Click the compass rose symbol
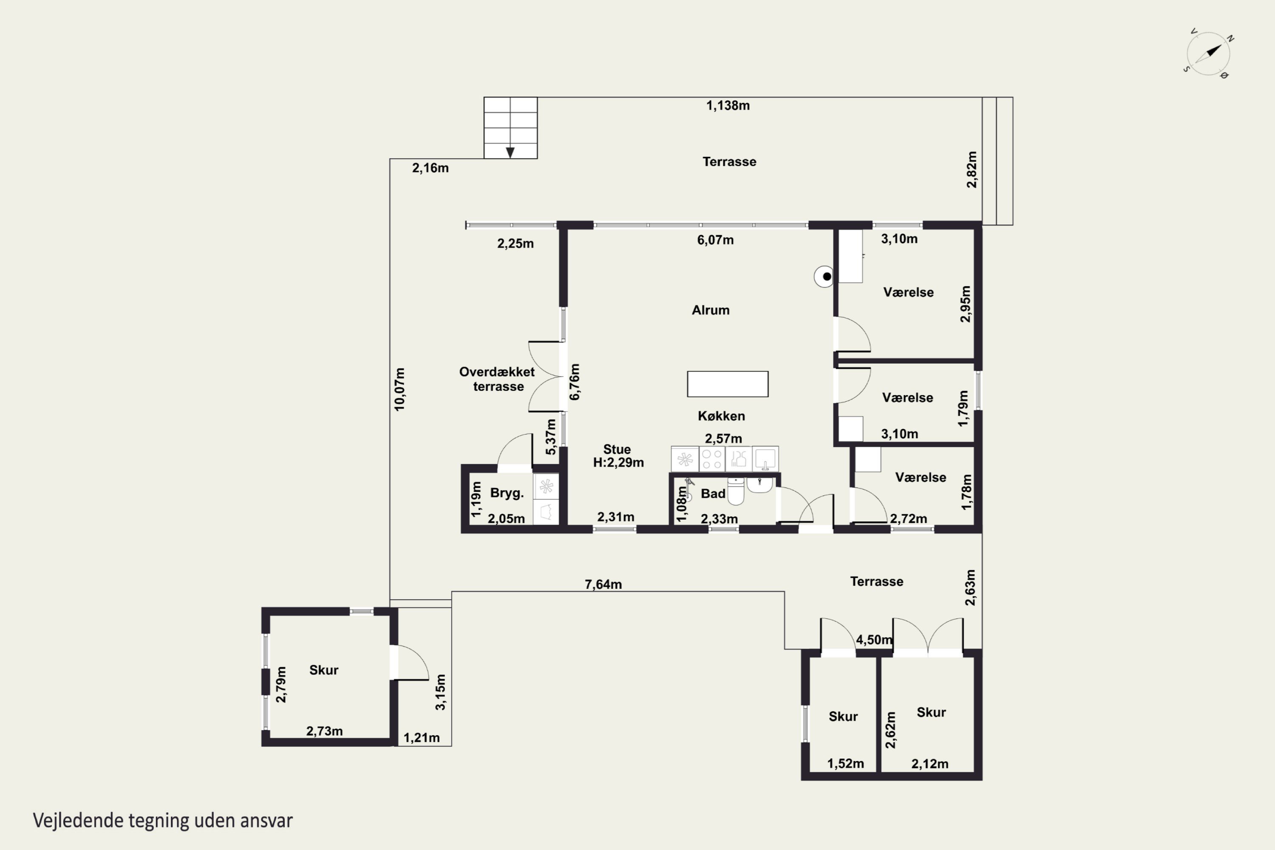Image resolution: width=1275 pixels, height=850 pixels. coord(1208,54)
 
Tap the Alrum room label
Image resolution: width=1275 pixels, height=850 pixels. coord(711,310)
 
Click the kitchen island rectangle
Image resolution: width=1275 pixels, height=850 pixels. coord(728,384)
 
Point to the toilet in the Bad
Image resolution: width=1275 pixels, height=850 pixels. coord(736,491)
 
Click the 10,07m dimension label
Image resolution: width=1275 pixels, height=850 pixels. coord(399,389)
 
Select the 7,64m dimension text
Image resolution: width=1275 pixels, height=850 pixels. coord(603,584)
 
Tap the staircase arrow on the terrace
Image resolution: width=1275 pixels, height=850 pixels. coord(510,152)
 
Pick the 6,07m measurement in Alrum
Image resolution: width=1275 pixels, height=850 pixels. coord(716,240)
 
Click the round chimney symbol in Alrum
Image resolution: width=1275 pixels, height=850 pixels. coord(824,277)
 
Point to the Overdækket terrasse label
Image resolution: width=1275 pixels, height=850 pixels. coord(497,379)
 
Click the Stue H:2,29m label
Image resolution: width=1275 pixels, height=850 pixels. coord(618,456)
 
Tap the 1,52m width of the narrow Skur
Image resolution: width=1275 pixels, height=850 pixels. coord(846,764)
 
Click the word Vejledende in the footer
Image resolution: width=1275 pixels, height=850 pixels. coord(78,821)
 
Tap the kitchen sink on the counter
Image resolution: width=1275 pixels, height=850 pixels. coord(765,459)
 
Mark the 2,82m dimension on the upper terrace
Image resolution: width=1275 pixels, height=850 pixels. coord(972,170)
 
